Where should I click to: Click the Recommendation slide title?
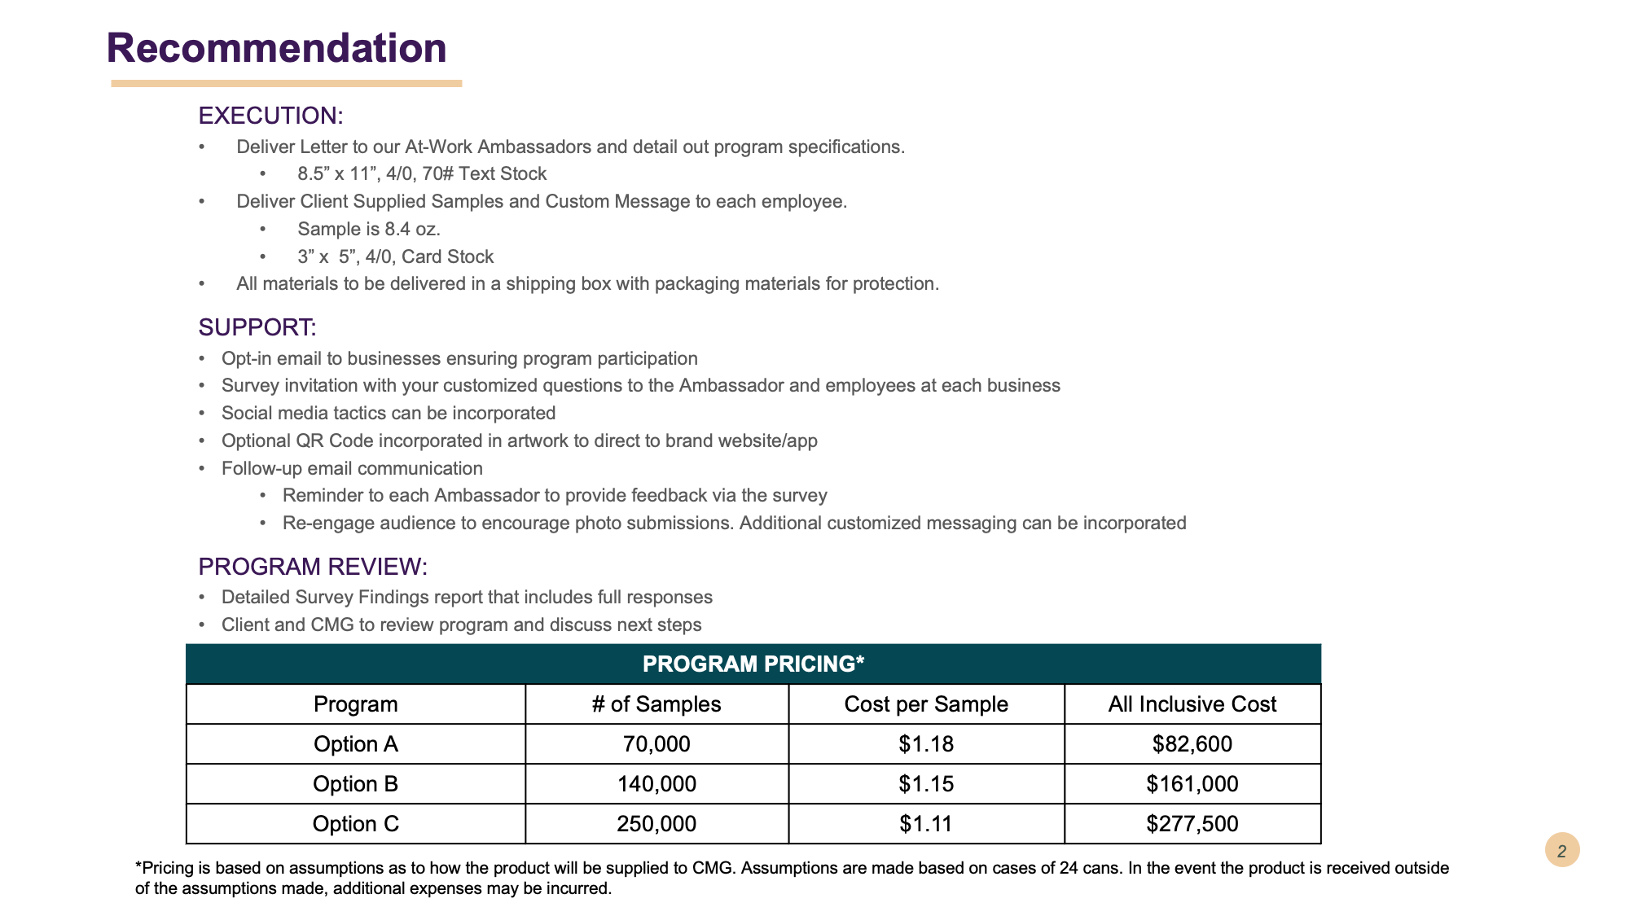click(x=276, y=48)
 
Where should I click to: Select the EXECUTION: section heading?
click(x=270, y=116)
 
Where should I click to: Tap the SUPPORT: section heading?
click(x=257, y=327)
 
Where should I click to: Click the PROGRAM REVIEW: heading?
click(x=313, y=567)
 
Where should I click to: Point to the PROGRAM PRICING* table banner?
click(x=753, y=664)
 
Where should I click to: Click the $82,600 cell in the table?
click(x=1192, y=744)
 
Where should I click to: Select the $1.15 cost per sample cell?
click(x=926, y=784)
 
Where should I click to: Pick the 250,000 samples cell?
click(x=656, y=824)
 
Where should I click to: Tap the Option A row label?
click(x=356, y=744)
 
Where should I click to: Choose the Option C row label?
click(x=356, y=824)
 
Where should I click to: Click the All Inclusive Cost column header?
click(x=1192, y=704)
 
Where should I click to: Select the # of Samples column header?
click(x=656, y=704)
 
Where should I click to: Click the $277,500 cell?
click(x=1192, y=824)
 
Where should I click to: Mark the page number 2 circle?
click(x=1561, y=851)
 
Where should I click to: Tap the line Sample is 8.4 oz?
click(x=369, y=230)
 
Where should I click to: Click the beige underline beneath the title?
click(x=286, y=83)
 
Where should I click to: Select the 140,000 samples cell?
click(x=656, y=784)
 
